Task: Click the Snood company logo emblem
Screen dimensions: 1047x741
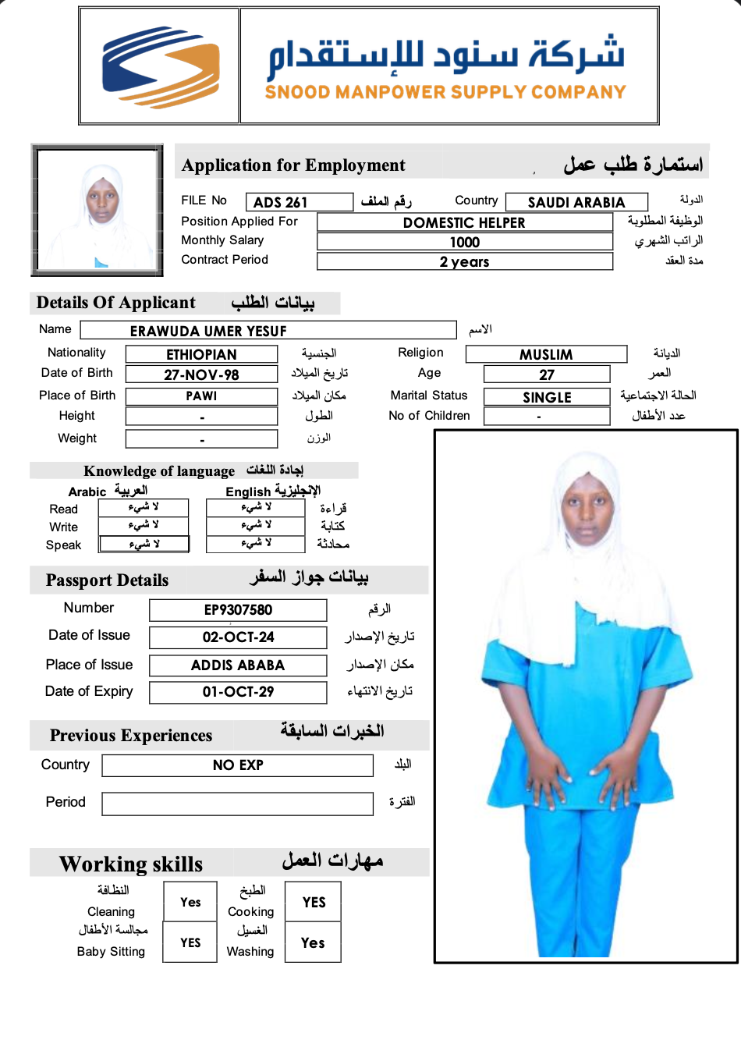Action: tap(161, 66)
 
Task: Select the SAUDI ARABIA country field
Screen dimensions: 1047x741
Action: tap(576, 203)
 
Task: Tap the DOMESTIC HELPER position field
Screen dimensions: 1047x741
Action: tap(464, 222)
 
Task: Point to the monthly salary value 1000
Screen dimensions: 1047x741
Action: tap(464, 243)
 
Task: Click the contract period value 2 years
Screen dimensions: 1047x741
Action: tap(464, 262)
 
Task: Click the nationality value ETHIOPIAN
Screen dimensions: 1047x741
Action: tap(201, 354)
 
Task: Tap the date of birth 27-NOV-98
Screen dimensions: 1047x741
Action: tap(201, 374)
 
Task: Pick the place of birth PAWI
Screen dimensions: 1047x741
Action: tap(201, 396)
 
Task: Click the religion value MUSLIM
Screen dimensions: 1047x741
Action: tap(546, 354)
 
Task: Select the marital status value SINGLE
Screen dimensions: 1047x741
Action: tap(547, 397)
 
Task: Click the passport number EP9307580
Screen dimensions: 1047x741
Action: tap(238, 610)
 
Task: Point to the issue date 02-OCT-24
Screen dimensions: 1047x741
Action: tap(238, 637)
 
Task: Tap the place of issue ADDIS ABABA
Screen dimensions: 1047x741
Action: tap(238, 665)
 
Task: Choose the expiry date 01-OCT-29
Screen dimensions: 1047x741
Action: tap(238, 692)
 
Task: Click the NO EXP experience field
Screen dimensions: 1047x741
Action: tap(238, 765)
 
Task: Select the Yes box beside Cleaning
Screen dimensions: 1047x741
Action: tap(190, 902)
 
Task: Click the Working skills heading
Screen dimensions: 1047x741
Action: tap(131, 864)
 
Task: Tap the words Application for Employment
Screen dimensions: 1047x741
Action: tap(293, 165)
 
